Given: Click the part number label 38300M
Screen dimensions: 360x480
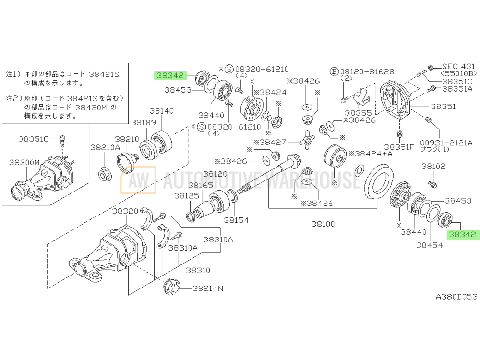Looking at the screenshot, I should point(24,163).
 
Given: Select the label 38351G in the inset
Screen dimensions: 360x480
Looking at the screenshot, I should point(34,139).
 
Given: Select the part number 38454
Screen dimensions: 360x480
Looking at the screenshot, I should point(429,244).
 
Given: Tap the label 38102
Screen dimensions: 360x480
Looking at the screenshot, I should point(434,167).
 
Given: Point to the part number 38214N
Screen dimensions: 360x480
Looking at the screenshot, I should point(208,288).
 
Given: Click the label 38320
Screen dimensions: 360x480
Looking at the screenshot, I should point(125,211).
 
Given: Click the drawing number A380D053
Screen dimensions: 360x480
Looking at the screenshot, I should point(456,297).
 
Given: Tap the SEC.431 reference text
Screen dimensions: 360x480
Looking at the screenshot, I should point(458,66).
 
